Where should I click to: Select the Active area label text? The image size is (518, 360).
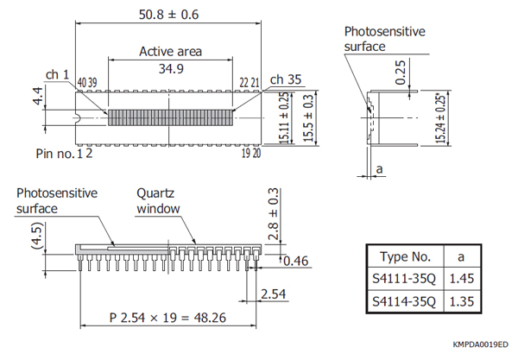pos(171,51)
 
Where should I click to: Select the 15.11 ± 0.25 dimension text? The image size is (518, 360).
pos(285,117)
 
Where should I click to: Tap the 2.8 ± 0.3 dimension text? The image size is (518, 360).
pos(275,214)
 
